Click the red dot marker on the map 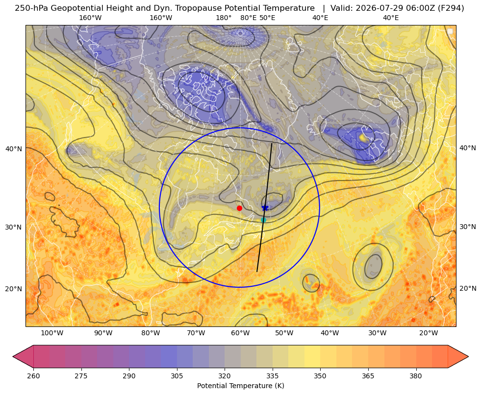pyautogui.click(x=239, y=208)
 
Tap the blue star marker pyautogui.click(x=265, y=208)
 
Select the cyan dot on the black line pyautogui.click(x=263, y=220)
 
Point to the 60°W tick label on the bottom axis pyautogui.click(x=240, y=333)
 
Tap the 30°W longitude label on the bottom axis pyautogui.click(x=377, y=333)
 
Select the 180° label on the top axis pyautogui.click(x=224, y=18)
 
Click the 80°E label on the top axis pyautogui.click(x=248, y=18)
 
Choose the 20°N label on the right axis pyautogui.click(x=468, y=288)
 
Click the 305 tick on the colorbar pyautogui.click(x=177, y=376)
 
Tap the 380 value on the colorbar pyautogui.click(x=416, y=376)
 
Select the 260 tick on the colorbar pyautogui.click(x=33, y=376)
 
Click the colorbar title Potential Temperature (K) pyautogui.click(x=240, y=386)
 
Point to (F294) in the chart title pyautogui.click(x=452, y=8)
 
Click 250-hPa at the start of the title pyautogui.click(x=31, y=8)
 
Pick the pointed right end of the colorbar pyautogui.click(x=468, y=356)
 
